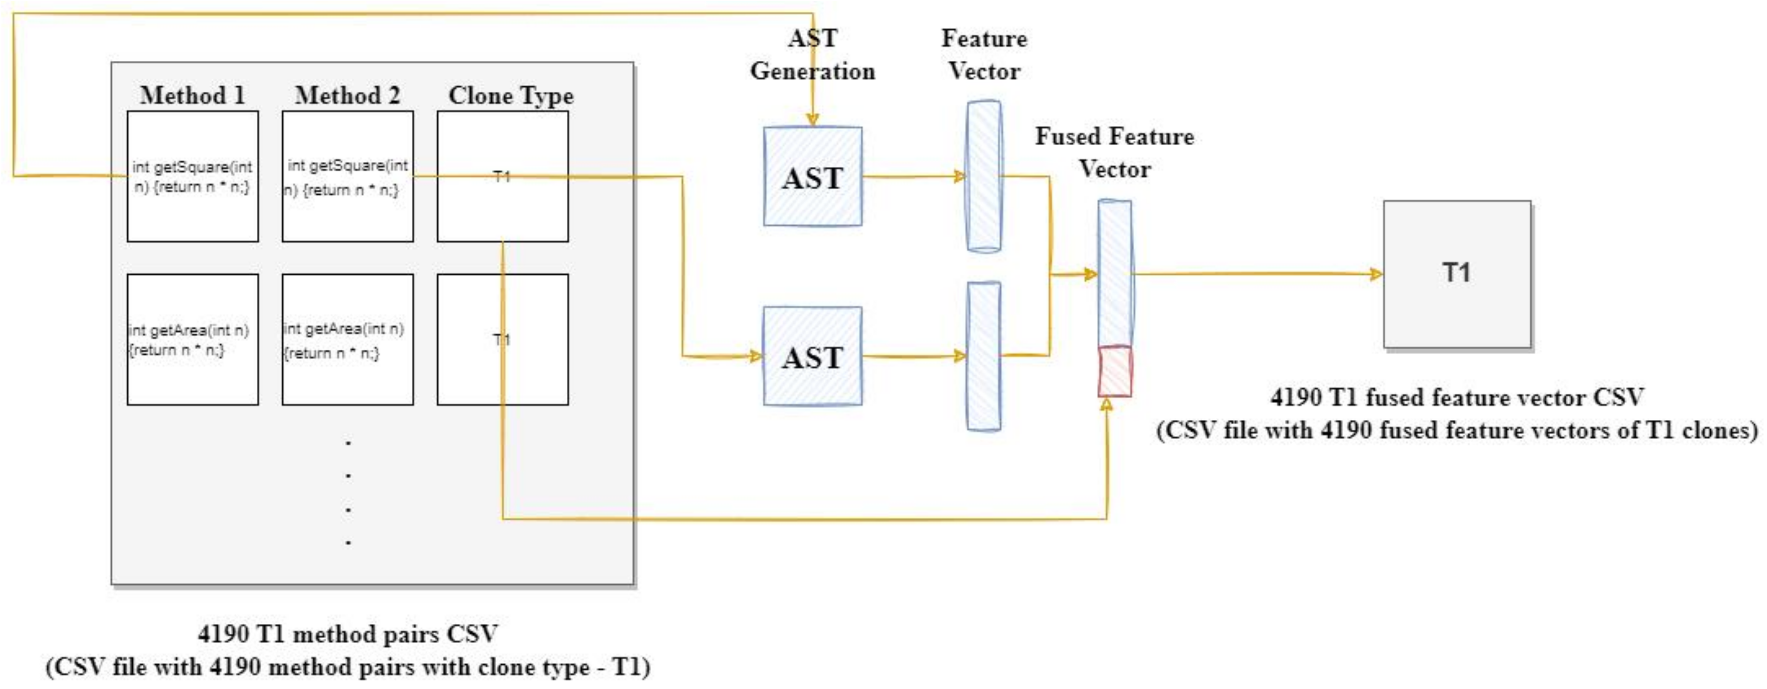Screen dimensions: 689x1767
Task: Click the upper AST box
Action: tap(813, 176)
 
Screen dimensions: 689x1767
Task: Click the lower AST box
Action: tap(813, 356)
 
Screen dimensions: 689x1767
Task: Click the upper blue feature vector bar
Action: tap(983, 176)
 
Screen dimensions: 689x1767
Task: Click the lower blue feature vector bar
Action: tap(983, 356)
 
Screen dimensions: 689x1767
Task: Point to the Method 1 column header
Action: tap(193, 95)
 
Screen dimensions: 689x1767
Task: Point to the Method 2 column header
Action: tap(348, 95)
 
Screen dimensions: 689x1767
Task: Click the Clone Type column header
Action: tap(511, 95)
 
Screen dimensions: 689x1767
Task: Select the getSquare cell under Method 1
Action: tap(193, 176)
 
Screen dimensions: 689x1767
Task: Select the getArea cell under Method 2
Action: tap(348, 340)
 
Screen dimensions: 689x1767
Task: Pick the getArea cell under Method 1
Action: tap(193, 340)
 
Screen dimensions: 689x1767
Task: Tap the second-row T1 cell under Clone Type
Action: tap(503, 340)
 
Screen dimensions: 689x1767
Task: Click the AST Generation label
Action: tap(813, 55)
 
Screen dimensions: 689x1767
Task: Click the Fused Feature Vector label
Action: tap(1115, 152)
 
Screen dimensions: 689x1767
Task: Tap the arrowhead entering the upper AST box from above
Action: tap(813, 120)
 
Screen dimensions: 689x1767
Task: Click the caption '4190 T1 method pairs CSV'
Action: tap(348, 633)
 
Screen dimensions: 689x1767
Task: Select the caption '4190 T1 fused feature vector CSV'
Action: tap(1457, 397)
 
